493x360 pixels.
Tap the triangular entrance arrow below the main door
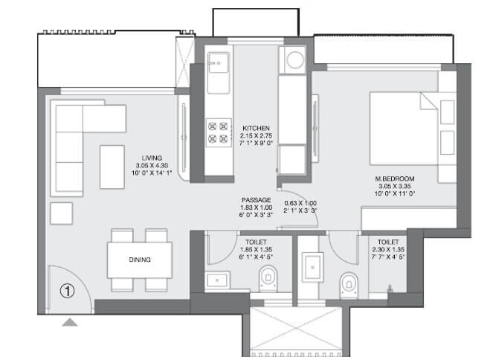[x=69, y=322]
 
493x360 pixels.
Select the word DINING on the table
[x=139, y=260]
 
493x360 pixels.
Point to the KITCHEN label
[x=255, y=128]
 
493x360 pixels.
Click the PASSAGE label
[x=256, y=200]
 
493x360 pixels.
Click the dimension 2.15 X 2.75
[x=255, y=136]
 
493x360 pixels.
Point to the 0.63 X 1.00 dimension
[x=300, y=202]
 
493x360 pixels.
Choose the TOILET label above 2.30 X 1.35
[x=387, y=242]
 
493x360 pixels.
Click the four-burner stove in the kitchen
[x=218, y=132]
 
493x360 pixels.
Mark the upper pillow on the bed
[x=447, y=112]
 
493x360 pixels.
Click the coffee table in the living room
[x=112, y=167]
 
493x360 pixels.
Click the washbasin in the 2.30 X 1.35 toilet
[x=311, y=267]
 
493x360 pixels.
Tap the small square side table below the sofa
[x=62, y=213]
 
